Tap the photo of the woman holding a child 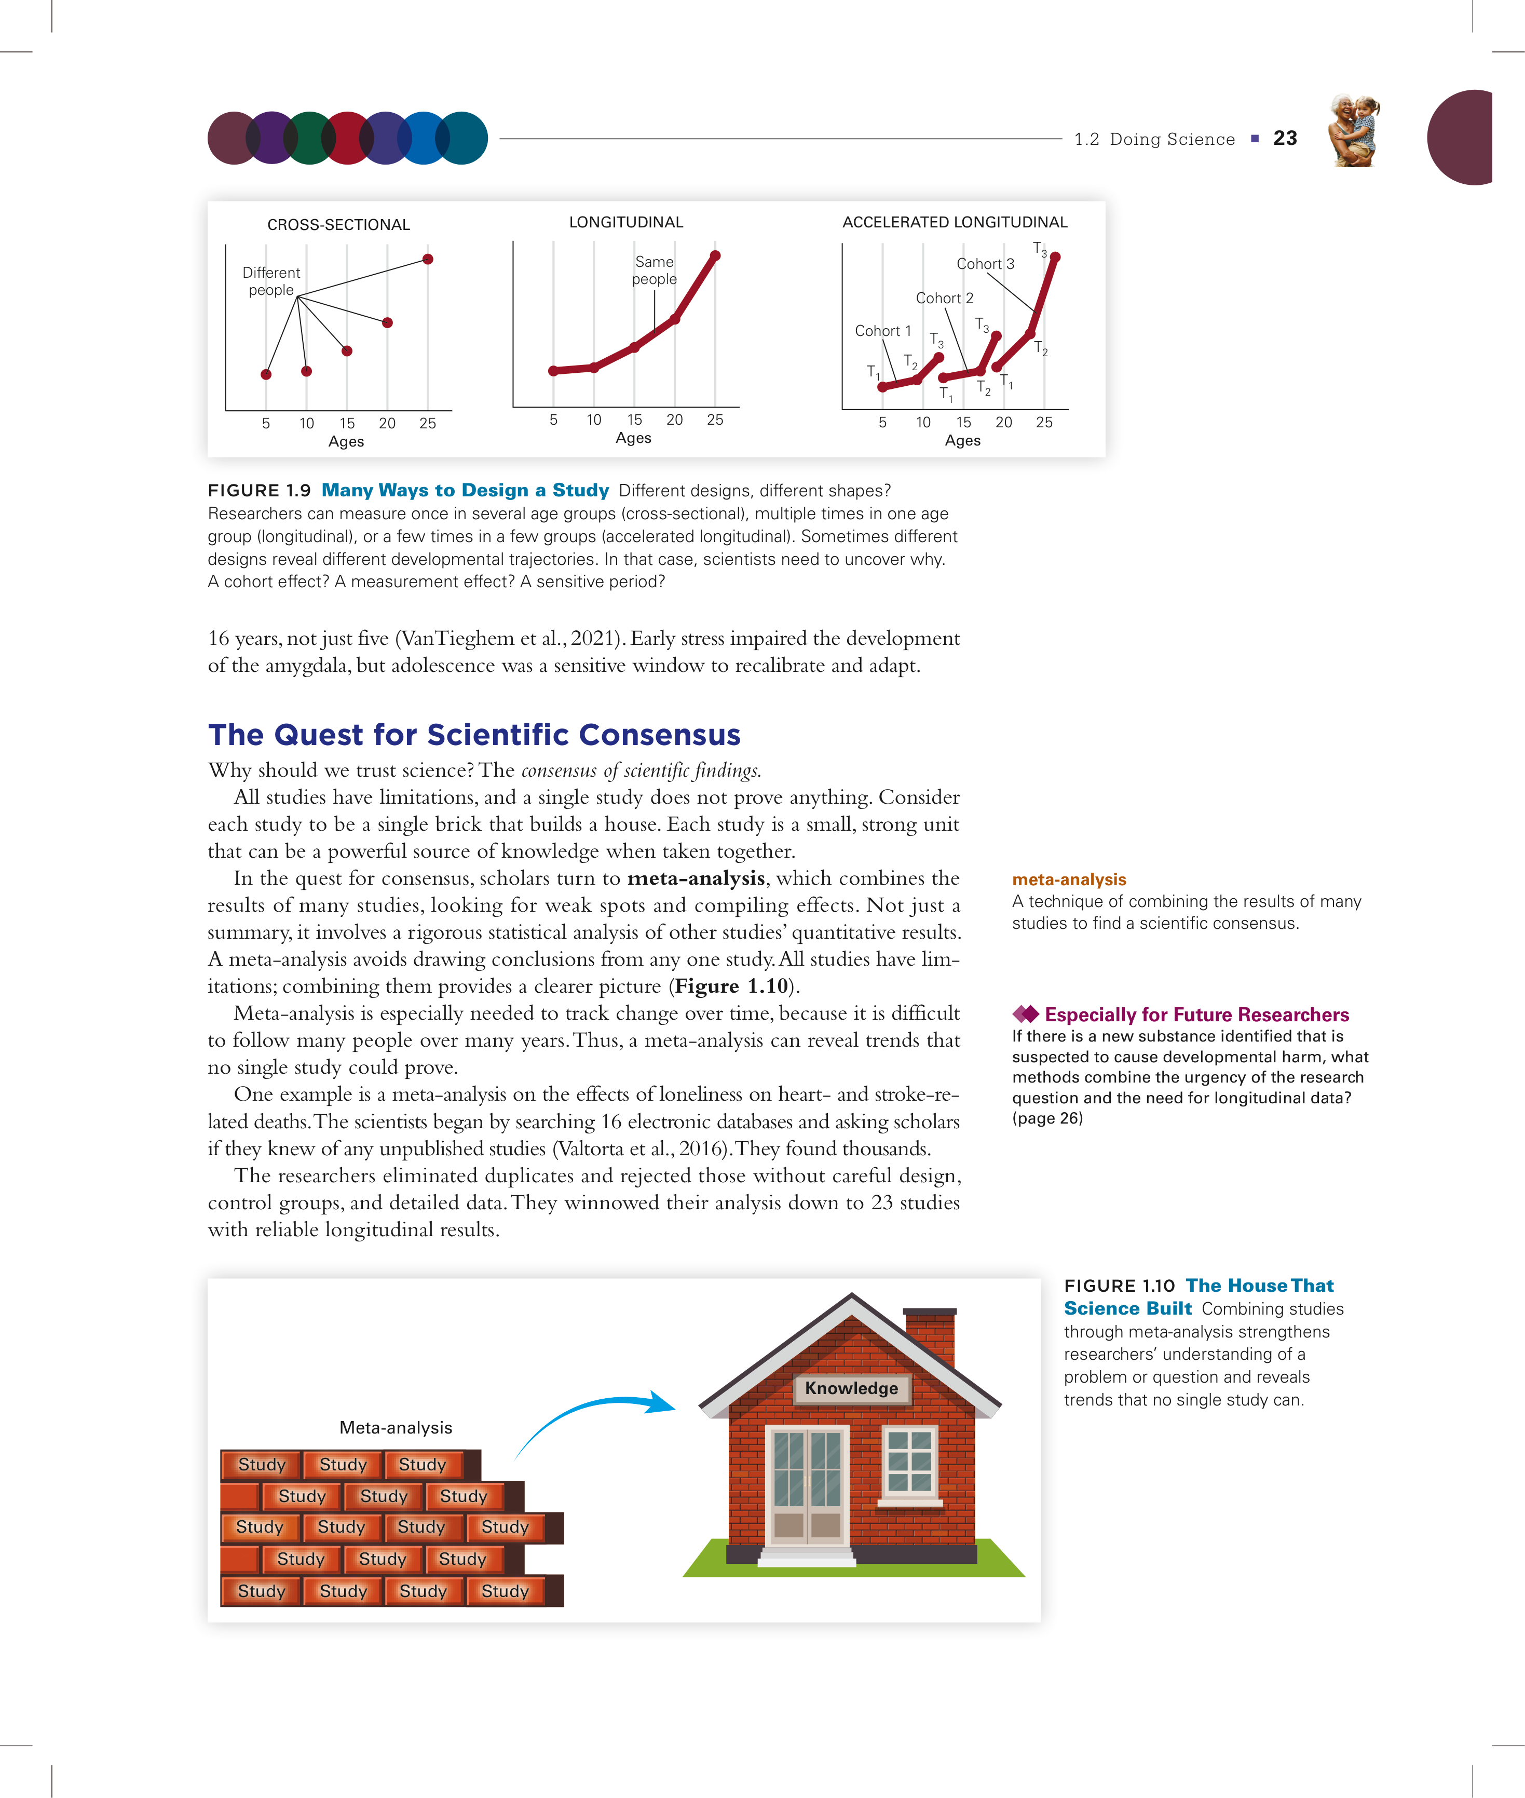1353,131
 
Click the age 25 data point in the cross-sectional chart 427,260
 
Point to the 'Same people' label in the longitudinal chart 655,270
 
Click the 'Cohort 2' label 944,299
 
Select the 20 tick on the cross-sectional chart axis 387,424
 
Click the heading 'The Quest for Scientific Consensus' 474,734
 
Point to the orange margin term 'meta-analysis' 1069,880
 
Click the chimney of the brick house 930,1336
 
